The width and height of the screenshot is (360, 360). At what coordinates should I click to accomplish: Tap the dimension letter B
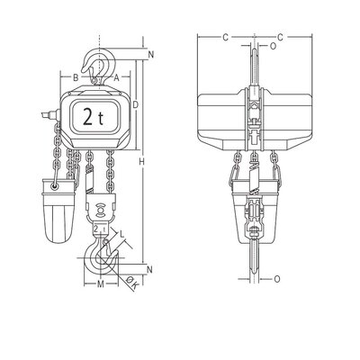(76, 77)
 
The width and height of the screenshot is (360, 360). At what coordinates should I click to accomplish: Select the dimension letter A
(117, 77)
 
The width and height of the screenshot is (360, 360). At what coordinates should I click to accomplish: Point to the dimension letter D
(135, 105)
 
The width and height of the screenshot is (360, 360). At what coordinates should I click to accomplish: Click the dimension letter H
(143, 162)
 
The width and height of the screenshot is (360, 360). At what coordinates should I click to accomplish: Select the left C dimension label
(224, 37)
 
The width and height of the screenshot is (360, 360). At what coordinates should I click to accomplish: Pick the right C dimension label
(282, 37)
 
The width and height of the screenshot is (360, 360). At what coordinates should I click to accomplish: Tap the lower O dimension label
(275, 278)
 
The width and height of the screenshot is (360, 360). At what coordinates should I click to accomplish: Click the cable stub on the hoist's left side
(45, 115)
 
